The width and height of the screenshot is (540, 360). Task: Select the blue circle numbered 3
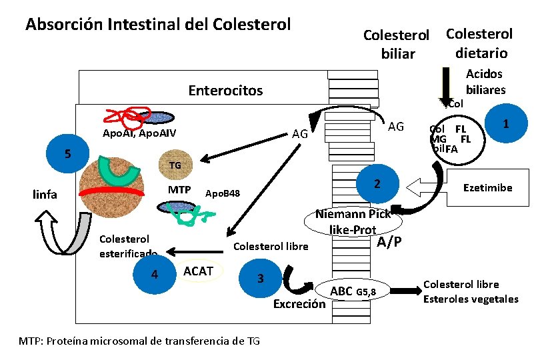261,278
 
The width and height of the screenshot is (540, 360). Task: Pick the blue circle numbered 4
155,274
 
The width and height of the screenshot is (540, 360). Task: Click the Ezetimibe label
488,188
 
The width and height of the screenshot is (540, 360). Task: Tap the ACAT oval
198,271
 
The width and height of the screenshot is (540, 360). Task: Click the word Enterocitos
225,90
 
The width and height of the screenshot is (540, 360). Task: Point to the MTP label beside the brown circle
179,190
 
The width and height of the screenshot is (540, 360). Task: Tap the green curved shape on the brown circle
118,171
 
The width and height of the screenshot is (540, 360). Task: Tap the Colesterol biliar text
397,44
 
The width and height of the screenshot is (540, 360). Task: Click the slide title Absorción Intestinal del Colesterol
158,25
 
